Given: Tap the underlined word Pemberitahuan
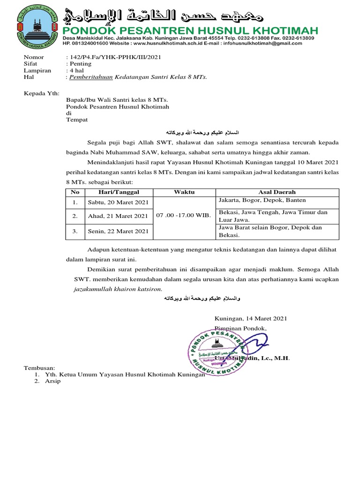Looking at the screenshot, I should (x=91, y=77).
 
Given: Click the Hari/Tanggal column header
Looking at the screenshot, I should (x=119, y=192).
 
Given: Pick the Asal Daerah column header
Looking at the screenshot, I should (x=277, y=192).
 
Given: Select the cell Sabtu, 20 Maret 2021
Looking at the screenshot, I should (x=118, y=202).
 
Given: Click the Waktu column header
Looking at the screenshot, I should (x=184, y=192).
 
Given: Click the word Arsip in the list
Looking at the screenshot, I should (x=52, y=381).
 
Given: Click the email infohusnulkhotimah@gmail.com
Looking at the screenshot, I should (x=276, y=43).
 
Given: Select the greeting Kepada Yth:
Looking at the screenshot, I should (x=40, y=93).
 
